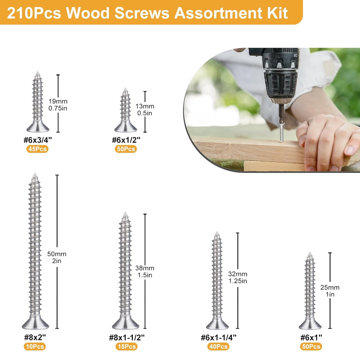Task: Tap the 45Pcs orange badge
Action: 37,149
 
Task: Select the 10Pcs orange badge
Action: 35,346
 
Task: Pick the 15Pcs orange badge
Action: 126,346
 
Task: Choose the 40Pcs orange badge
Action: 218,346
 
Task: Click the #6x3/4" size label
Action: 38,139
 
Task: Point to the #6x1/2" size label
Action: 126,139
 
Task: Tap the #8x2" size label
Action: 35,337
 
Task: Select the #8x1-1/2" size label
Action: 127,337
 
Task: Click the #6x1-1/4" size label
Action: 219,337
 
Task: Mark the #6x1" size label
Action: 311,337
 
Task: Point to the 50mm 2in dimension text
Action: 57,257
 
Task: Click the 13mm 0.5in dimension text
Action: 144,109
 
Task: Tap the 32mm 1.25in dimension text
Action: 238,277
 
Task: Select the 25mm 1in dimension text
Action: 330,291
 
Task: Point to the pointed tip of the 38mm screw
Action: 125,213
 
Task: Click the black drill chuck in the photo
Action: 280,85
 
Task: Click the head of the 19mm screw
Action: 38,126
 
